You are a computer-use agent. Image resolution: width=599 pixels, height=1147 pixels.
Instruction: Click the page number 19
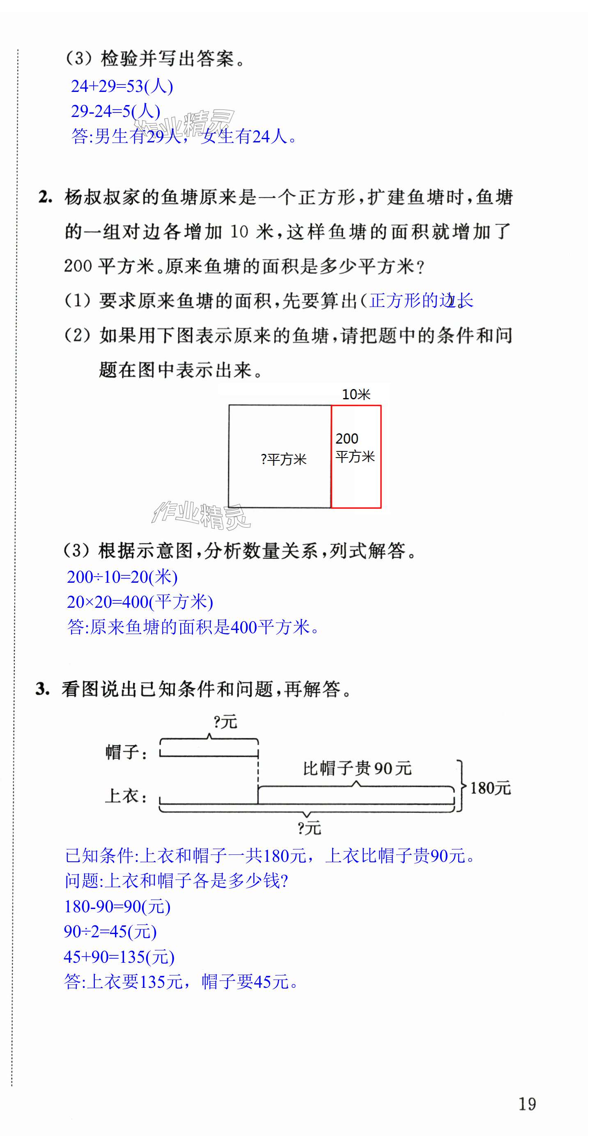[x=527, y=1104]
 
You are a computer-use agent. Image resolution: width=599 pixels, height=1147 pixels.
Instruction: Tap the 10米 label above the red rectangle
[x=356, y=394]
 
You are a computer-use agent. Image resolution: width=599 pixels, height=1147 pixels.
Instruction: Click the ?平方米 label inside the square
[x=284, y=459]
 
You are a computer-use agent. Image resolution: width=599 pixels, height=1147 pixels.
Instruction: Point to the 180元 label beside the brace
[x=490, y=788]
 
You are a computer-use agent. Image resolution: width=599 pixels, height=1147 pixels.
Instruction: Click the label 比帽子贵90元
[x=357, y=768]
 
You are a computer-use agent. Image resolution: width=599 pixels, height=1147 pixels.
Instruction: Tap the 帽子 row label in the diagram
[x=126, y=752]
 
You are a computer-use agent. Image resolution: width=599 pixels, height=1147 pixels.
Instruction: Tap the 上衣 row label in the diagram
[x=126, y=796]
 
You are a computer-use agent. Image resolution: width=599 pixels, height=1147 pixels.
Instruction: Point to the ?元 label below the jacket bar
[x=309, y=828]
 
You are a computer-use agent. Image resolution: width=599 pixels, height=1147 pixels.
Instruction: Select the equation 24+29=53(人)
[x=122, y=86]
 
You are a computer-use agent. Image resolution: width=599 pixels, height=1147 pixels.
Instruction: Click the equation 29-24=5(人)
[x=115, y=111]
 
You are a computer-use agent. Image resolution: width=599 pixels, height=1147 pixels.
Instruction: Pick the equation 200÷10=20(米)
[x=122, y=577]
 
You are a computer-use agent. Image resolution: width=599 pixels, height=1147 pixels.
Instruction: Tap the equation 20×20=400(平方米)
[x=140, y=602]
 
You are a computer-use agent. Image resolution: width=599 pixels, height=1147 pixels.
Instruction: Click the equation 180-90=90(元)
[x=117, y=907]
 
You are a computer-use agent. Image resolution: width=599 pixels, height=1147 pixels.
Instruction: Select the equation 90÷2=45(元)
[x=110, y=932]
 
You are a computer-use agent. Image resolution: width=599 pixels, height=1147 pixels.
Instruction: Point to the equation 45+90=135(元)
[x=119, y=957]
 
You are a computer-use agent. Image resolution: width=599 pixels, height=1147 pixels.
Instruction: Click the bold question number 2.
[x=45, y=197]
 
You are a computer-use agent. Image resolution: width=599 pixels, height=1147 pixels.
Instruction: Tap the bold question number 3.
[x=42, y=689]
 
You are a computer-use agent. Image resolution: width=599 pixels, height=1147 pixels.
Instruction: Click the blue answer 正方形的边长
[x=421, y=300]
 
